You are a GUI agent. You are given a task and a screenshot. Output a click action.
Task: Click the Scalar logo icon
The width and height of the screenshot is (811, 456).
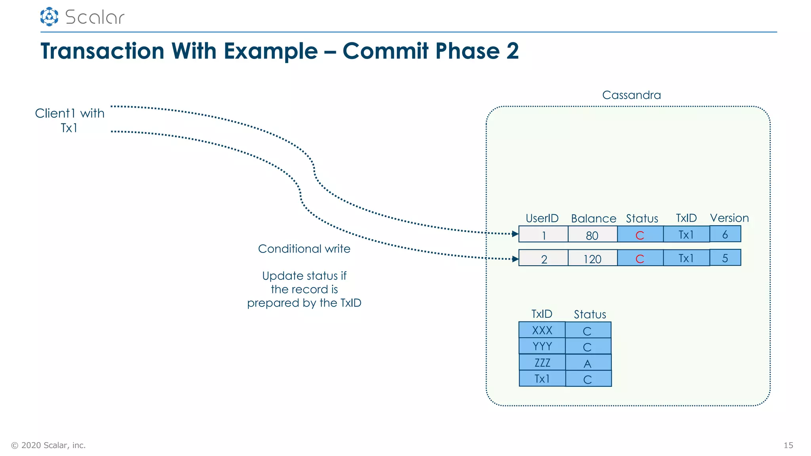tap(49, 17)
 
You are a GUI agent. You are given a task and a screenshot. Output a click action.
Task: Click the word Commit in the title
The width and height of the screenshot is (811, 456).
tap(385, 51)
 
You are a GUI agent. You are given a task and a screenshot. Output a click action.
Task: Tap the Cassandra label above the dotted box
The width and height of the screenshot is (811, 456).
tap(631, 95)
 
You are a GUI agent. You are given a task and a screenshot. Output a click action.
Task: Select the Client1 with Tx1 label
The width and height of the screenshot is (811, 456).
tap(69, 120)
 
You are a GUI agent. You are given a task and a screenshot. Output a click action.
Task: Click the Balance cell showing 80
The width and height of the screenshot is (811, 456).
tap(592, 235)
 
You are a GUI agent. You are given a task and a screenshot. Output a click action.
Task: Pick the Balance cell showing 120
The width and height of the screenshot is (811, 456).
tap(592, 258)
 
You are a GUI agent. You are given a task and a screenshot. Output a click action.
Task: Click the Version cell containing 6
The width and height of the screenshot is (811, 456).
tap(725, 234)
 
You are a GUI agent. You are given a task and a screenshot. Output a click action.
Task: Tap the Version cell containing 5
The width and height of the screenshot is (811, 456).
tap(725, 258)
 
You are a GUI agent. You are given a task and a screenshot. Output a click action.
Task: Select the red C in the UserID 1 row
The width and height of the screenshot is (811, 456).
tap(640, 235)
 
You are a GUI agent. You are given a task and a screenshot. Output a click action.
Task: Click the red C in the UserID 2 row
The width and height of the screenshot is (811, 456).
tap(640, 258)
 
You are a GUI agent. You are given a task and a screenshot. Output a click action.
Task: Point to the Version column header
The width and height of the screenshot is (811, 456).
tap(729, 218)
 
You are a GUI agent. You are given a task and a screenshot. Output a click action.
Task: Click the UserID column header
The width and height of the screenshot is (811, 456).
tap(542, 218)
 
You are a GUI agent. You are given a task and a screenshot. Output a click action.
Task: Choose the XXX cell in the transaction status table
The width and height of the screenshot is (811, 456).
tap(542, 330)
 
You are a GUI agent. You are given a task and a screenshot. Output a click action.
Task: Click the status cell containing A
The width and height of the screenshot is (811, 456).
tap(588, 363)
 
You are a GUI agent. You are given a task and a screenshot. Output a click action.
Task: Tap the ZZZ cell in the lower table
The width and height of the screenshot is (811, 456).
tap(542, 363)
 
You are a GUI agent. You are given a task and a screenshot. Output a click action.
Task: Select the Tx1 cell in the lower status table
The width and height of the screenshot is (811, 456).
tap(542, 379)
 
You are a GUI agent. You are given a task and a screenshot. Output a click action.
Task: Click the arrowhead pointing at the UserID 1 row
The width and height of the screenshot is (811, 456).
tap(515, 234)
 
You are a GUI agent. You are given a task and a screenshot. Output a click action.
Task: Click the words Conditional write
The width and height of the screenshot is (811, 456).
tap(304, 249)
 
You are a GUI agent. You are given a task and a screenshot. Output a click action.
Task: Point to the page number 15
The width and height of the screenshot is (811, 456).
tap(788, 445)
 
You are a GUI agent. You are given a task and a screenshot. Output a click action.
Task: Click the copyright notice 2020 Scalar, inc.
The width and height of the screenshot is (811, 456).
tap(48, 445)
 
